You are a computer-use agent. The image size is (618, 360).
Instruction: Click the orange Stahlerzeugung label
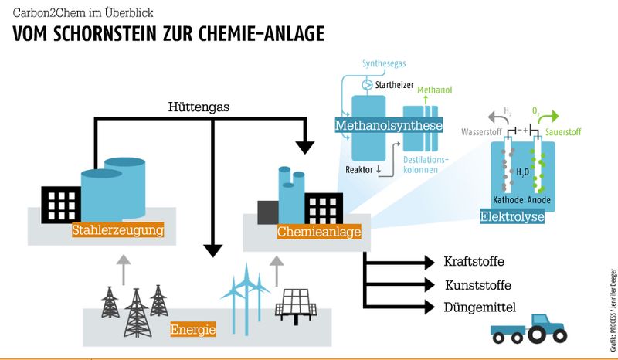[x=117, y=229]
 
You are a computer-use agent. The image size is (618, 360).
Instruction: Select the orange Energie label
[x=193, y=330]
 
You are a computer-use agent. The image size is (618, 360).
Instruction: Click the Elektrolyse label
[x=512, y=217]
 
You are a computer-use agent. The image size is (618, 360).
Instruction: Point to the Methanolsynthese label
[x=389, y=125]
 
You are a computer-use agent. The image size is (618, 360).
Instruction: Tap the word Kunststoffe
[x=477, y=285]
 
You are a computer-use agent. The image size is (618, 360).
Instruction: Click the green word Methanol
[x=435, y=90]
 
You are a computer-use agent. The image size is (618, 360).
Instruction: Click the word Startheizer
[x=393, y=84]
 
